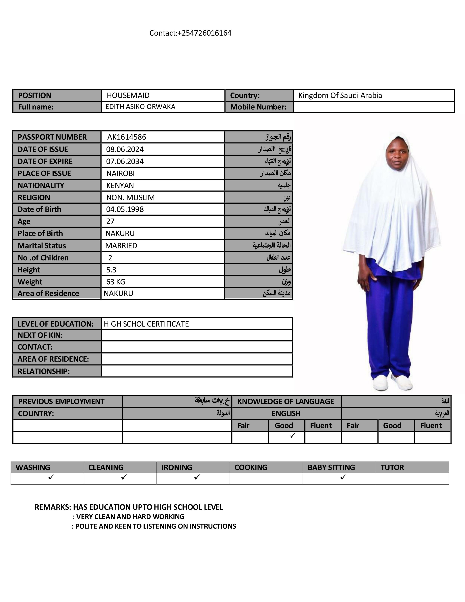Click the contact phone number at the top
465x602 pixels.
click(190, 33)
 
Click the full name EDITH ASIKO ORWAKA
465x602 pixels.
click(140, 107)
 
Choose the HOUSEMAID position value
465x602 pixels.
click(128, 95)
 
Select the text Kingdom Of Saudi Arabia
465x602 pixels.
click(340, 95)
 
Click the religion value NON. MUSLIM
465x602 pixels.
click(130, 197)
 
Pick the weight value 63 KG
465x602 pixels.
click(116, 282)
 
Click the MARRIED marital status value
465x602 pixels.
click(121, 246)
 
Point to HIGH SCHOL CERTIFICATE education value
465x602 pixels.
click(146, 324)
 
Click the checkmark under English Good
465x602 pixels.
click(292, 435)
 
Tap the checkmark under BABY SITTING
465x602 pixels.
click(343, 477)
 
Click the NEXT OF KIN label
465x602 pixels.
click(40, 335)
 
